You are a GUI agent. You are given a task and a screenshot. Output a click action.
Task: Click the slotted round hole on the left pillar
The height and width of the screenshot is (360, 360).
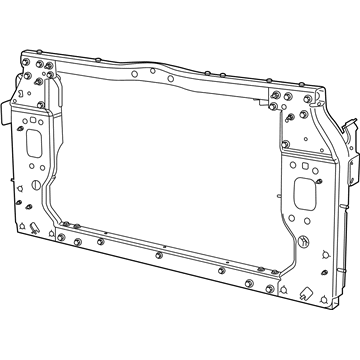(x=38, y=184)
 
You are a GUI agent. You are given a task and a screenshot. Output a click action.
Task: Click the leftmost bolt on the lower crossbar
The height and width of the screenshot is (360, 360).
(x=61, y=238)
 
